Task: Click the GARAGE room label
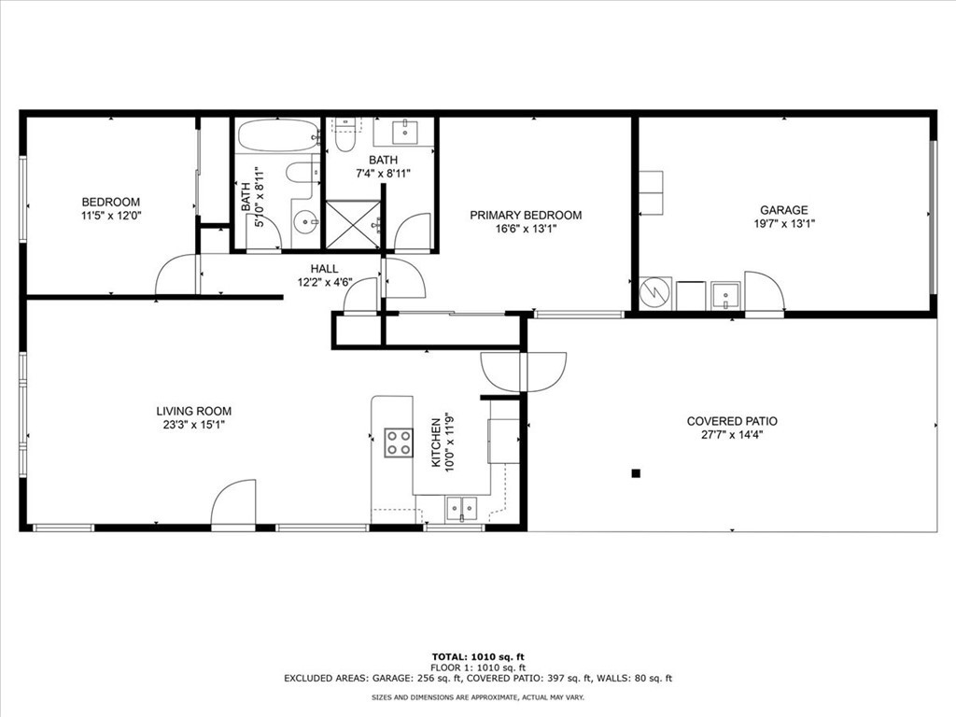[783, 210]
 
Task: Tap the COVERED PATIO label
[732, 421]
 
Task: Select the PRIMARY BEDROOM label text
[526, 216]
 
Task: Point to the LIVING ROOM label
[194, 412]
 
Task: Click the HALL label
[324, 269]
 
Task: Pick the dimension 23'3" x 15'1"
[194, 425]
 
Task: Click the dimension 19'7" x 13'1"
[784, 224]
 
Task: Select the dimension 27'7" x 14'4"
[732, 435]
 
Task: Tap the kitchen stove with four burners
[398, 443]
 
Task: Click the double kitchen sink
[461, 509]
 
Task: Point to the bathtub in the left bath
[278, 135]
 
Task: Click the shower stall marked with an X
[353, 224]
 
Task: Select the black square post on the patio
[636, 473]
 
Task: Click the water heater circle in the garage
[654, 293]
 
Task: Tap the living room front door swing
[233, 501]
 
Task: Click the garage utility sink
[725, 296]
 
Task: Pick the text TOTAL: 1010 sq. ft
[478, 657]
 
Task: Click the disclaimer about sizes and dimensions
[478, 697]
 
